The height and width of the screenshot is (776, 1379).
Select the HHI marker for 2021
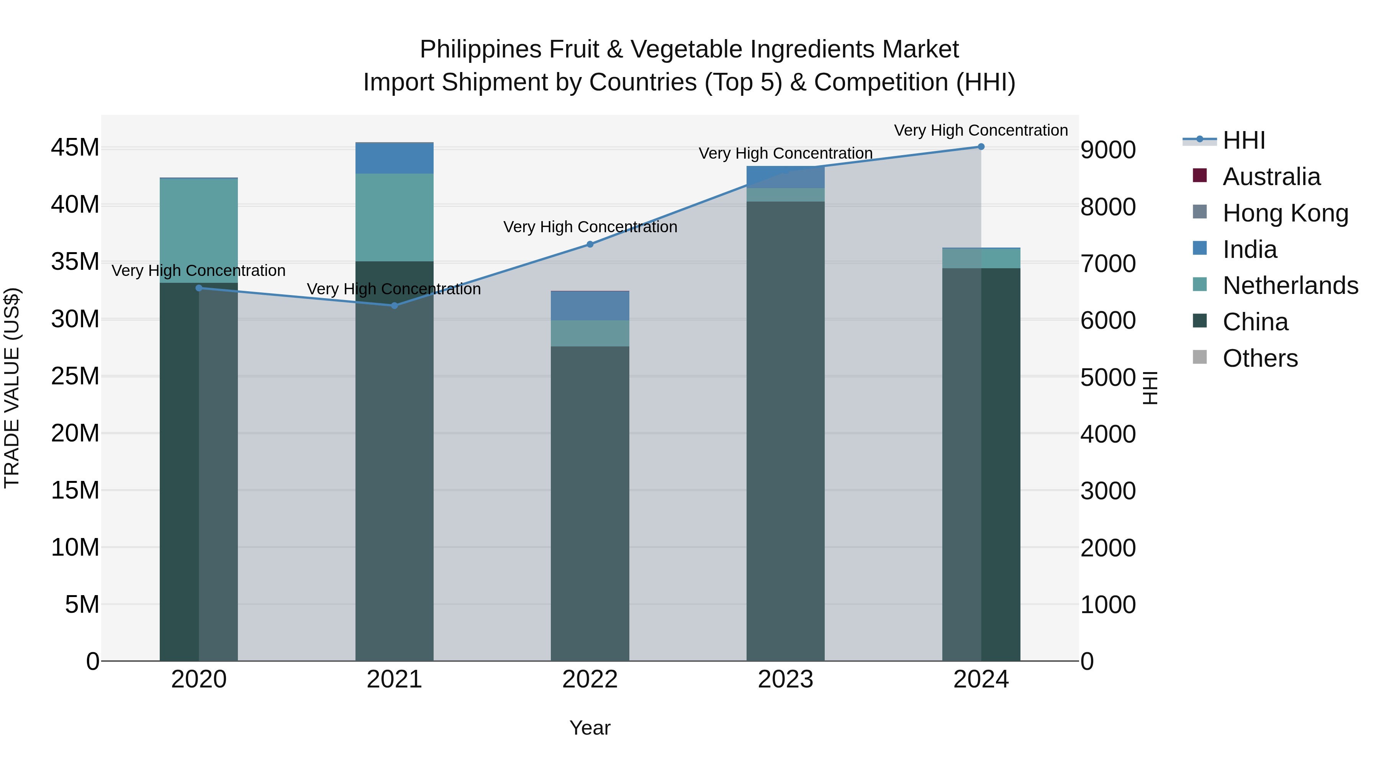pos(395,306)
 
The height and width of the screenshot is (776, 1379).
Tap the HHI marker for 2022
pos(590,244)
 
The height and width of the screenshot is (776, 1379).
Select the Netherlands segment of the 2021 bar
pos(395,217)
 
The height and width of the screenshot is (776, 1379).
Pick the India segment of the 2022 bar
pos(590,306)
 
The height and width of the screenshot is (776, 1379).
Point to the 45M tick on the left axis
pos(75,148)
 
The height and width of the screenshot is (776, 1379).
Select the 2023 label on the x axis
pos(785,679)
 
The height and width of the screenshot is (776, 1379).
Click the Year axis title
pos(590,728)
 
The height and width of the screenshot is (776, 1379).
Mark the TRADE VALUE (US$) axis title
pos(12,388)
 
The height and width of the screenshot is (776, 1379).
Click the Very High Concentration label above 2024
pos(981,130)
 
